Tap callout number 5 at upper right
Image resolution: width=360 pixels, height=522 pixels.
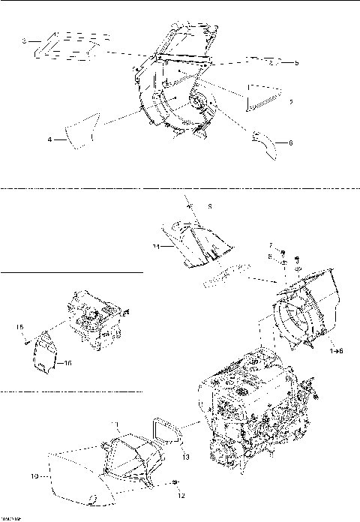[296, 63]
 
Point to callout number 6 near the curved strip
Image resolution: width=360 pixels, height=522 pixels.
[291, 142]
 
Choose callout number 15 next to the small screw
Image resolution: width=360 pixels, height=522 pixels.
[21, 326]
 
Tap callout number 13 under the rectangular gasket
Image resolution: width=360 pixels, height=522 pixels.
[186, 456]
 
